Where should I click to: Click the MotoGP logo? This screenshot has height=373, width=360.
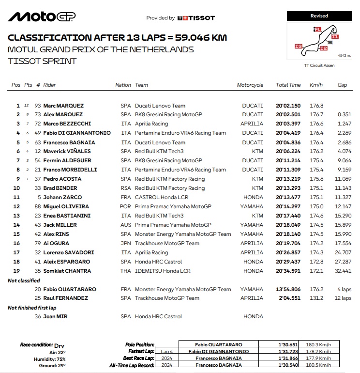tap(42, 17)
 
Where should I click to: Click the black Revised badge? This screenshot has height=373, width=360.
tap(319, 16)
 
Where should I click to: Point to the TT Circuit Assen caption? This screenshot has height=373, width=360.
tap(319, 65)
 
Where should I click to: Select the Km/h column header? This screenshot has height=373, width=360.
tap(316, 85)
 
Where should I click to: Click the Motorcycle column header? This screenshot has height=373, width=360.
tap(250, 85)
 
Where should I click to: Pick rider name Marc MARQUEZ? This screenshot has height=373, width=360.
tap(63, 106)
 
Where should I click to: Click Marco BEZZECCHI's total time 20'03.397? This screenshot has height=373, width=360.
tap(288, 124)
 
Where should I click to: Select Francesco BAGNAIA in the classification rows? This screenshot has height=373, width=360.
tap(69, 142)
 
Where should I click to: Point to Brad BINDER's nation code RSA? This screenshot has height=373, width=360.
tap(126, 188)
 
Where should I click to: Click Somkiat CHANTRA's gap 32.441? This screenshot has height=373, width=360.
tap(343, 270)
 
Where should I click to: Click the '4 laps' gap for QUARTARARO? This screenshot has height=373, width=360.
tap(344, 289)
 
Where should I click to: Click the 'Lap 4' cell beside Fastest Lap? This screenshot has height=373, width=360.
tap(166, 351)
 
